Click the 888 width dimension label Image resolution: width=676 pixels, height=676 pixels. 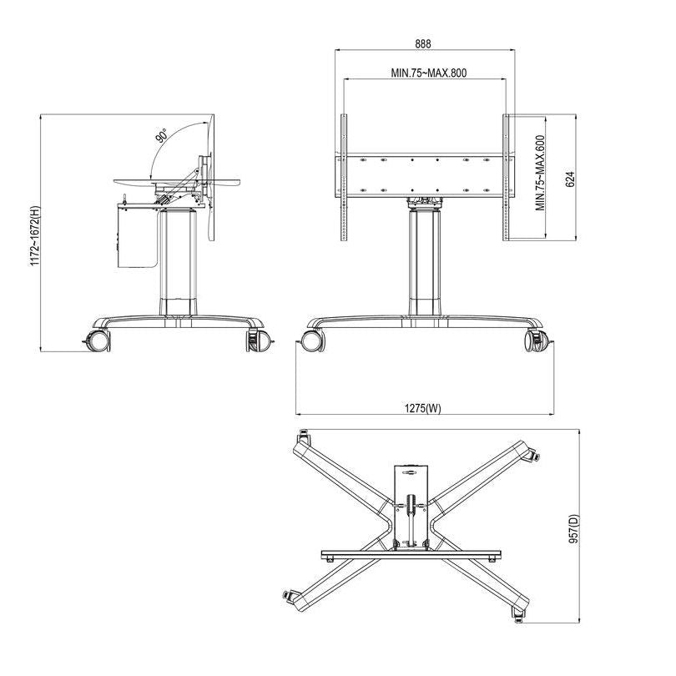pyautogui.click(x=424, y=43)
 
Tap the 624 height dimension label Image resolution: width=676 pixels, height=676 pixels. pyautogui.click(x=570, y=178)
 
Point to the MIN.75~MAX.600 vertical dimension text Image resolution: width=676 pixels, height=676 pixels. pyautogui.click(x=541, y=174)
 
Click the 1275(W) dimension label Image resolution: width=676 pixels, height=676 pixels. pyautogui.click(x=423, y=408)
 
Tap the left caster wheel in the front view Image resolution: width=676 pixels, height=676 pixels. pyautogui.click(x=311, y=341)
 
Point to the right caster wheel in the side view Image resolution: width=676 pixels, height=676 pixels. pyautogui.click(x=258, y=341)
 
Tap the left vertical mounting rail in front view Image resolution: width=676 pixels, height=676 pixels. pyautogui.click(x=342, y=177)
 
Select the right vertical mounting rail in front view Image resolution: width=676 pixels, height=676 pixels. pyautogui.click(x=506, y=177)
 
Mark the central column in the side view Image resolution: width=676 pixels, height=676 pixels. pyautogui.click(x=178, y=263)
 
